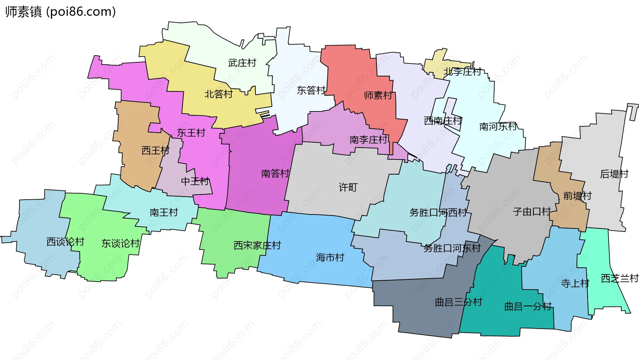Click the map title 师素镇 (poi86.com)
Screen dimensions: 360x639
point(60,12)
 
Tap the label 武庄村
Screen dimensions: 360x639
point(242,63)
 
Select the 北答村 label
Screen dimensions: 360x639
point(218,94)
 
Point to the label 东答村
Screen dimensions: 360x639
point(311,90)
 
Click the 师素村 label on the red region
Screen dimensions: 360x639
point(378,95)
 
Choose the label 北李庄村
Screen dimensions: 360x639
point(462,72)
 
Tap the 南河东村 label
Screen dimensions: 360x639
point(498,126)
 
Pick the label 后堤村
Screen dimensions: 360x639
point(614,174)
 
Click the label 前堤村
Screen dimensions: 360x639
point(577,196)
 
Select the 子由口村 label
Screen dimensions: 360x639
point(532,212)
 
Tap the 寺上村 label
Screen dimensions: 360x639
point(575,283)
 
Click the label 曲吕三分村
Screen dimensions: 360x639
point(458,302)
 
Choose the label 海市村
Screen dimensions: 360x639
point(330,258)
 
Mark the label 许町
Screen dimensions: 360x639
point(348,188)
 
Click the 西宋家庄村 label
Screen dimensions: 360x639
point(257,246)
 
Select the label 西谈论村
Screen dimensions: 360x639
point(65,242)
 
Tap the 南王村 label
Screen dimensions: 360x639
point(164,212)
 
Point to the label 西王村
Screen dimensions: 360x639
point(155,151)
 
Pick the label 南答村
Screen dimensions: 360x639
point(275,174)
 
